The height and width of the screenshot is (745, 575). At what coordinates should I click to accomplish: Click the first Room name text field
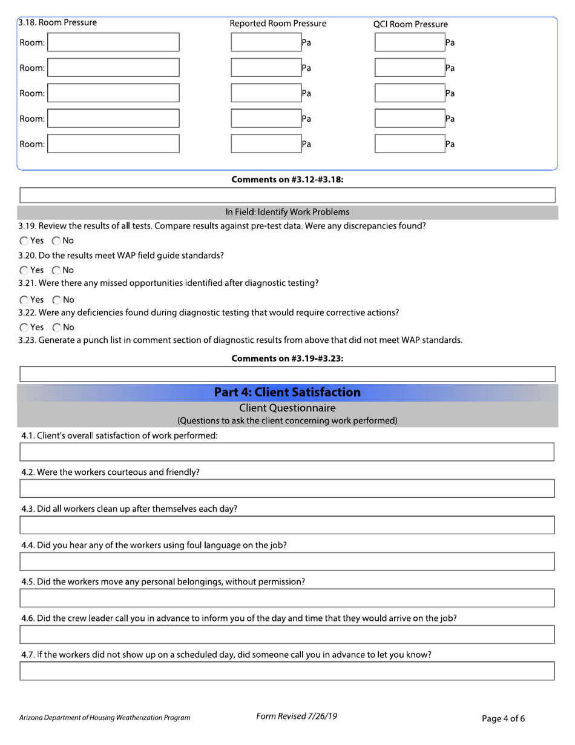pos(113,42)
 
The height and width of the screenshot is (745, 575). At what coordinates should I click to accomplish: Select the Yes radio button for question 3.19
pos(24,240)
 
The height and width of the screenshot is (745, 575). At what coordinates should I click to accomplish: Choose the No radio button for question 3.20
pos(56,270)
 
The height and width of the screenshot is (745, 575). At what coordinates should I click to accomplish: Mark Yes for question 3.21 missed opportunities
pos(24,300)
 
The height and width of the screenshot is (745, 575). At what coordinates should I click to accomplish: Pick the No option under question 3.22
pos(56,328)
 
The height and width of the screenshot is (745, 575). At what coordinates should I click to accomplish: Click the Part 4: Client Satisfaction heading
pos(287,392)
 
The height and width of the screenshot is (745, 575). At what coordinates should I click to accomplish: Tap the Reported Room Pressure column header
pos(278,24)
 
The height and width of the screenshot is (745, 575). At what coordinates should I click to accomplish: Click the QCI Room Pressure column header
pos(410,24)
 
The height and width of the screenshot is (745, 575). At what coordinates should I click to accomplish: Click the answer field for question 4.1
pos(287,452)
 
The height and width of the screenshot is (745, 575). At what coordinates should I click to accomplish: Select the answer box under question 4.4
pos(287,561)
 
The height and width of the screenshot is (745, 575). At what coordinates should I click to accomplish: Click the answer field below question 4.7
pos(287,671)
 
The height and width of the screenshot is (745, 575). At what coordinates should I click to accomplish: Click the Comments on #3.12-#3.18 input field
pos(287,195)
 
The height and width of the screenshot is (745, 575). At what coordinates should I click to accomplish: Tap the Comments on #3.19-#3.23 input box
pos(287,374)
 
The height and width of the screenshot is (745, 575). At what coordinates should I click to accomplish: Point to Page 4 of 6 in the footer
pos(503,719)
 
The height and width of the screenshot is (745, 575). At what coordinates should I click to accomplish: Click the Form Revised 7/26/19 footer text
pos(297,717)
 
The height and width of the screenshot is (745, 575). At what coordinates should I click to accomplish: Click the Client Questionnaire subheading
pos(287,408)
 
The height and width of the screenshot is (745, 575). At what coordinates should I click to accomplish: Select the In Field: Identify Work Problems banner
pos(287,212)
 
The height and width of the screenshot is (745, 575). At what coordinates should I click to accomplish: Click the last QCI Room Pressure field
pos(409,144)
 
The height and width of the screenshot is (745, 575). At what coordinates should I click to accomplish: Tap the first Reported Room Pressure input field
pos(265,42)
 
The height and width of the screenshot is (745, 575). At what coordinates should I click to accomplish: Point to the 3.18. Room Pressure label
pos(57,23)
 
